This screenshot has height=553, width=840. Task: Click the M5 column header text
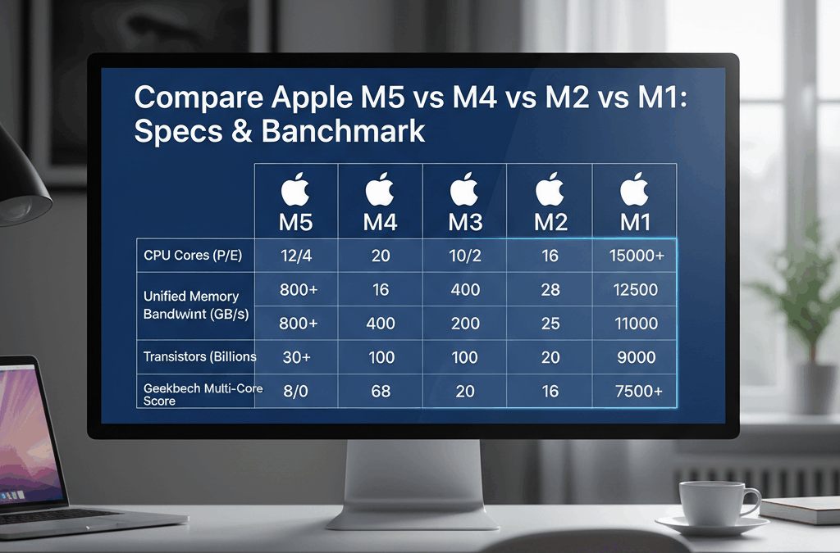[x=295, y=221]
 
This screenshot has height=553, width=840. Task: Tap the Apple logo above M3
[x=464, y=189]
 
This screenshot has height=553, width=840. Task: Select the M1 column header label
[x=634, y=221]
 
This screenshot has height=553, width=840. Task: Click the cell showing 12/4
[x=295, y=256]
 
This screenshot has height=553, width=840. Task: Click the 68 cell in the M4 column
[x=380, y=392]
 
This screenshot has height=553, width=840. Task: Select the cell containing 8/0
[x=295, y=392]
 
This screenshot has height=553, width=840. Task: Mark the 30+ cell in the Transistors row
[x=295, y=357]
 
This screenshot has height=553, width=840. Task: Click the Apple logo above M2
[x=549, y=189]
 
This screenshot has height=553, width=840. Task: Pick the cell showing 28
[x=550, y=291]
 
